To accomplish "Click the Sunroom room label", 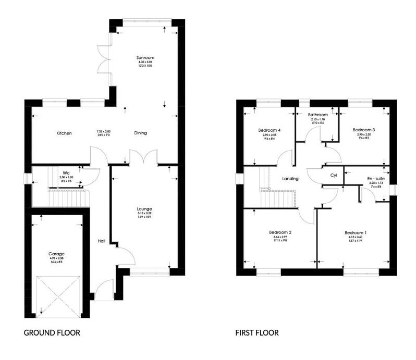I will (x=145, y=57).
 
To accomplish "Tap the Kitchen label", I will (x=64, y=133).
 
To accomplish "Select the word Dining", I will (x=140, y=133).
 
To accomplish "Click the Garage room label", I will (x=58, y=254).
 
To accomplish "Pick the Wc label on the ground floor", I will (x=66, y=173).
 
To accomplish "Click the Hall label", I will (x=102, y=241).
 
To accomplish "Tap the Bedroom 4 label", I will (x=270, y=130).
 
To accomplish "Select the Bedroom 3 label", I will (x=363, y=130).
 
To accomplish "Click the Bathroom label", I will (x=317, y=115).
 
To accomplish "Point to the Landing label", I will (x=290, y=179).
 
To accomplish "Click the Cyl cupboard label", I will (x=334, y=176).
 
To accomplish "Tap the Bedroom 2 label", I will (x=280, y=232).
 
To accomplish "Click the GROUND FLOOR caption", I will (x=52, y=332).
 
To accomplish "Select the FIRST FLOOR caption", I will (x=256, y=332).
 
